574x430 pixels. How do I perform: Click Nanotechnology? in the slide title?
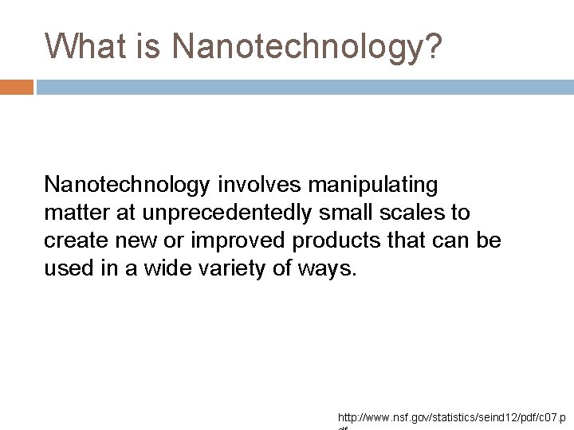[x=307, y=47]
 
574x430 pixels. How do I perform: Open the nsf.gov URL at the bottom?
[x=451, y=417]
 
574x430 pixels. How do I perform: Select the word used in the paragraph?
[x=67, y=269]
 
